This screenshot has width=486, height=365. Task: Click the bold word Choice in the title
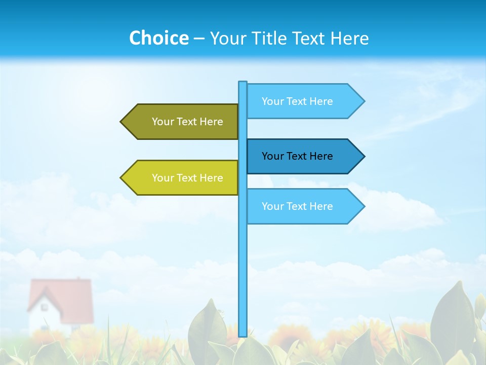158,38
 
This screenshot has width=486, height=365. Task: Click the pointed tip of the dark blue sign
363,156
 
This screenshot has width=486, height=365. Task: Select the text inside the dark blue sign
297,156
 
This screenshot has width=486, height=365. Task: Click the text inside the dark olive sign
187,122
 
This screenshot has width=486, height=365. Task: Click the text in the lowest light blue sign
297,206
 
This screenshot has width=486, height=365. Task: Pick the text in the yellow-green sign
187,178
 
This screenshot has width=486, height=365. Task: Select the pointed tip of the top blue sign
363,101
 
